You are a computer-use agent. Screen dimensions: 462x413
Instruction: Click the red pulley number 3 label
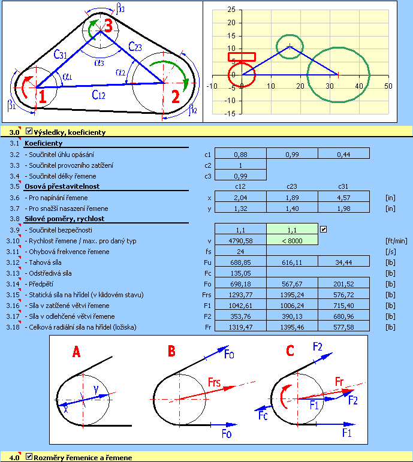click(107, 25)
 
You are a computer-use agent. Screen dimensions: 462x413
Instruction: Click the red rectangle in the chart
click(242, 57)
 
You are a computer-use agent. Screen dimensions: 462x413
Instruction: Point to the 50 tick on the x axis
click(388, 86)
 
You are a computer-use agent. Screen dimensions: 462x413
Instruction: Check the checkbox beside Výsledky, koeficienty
click(29, 131)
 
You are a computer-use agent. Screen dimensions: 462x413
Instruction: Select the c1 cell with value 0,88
click(240, 155)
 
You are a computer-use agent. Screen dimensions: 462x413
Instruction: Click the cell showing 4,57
click(343, 197)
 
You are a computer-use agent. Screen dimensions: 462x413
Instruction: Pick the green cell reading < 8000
click(292, 240)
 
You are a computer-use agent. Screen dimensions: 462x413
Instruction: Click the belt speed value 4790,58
click(240, 240)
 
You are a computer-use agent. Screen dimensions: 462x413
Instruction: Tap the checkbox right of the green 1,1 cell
click(324, 229)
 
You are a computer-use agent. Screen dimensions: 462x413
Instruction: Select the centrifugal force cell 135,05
click(240, 273)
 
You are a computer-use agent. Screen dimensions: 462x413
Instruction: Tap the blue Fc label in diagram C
click(262, 415)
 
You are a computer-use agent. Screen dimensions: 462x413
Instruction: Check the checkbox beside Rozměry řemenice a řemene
click(29, 457)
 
